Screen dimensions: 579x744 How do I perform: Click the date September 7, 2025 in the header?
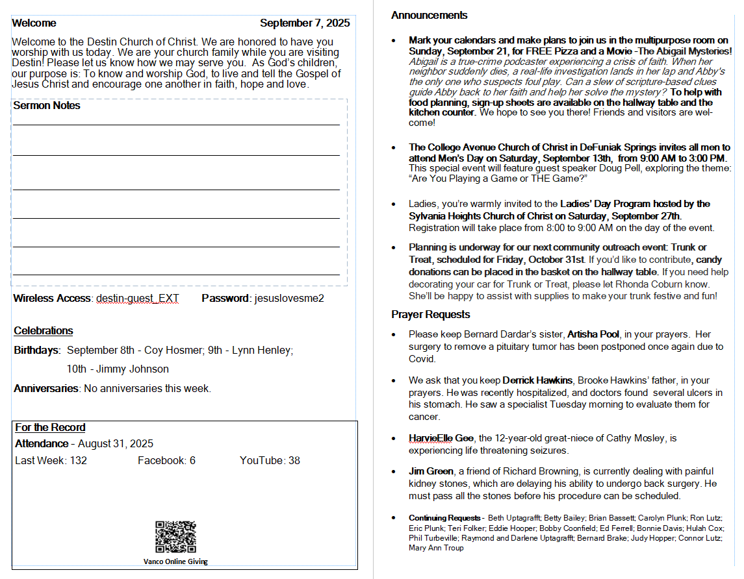(x=305, y=23)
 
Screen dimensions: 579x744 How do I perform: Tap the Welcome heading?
(x=34, y=23)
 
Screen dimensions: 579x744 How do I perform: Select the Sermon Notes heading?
(x=47, y=106)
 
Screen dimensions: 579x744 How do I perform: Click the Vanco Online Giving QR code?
(x=175, y=537)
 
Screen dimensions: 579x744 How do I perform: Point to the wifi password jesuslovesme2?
(x=289, y=299)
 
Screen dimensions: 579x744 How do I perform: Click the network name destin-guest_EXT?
(x=138, y=299)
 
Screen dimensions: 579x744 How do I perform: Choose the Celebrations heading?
(x=44, y=331)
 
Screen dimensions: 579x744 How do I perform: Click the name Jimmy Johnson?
(x=129, y=369)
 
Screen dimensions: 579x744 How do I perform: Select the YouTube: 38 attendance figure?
(x=270, y=461)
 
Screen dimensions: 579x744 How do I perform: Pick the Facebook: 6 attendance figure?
(x=166, y=461)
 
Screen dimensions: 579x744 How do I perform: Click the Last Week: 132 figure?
(x=51, y=461)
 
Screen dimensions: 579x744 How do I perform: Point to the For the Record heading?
(x=50, y=428)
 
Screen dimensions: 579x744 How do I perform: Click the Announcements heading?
(x=429, y=16)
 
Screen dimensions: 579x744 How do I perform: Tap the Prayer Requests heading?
(x=430, y=315)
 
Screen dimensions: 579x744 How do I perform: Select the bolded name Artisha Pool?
(x=593, y=335)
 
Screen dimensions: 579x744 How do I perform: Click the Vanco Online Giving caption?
(x=175, y=562)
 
